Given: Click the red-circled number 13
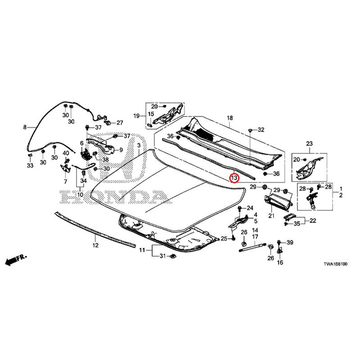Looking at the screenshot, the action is click(x=234, y=178).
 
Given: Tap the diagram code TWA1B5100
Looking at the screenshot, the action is click(x=335, y=264).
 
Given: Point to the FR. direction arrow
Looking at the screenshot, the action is click(x=16, y=260).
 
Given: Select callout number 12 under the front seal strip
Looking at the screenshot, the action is click(x=95, y=245).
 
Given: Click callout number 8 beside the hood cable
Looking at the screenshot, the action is click(x=25, y=127).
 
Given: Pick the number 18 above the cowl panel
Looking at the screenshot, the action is click(x=229, y=118).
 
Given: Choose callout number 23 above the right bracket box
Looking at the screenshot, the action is click(x=309, y=144).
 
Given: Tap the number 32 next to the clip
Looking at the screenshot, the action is click(x=261, y=130).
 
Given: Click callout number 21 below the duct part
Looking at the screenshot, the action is click(x=271, y=216).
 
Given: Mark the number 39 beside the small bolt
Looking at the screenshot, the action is click(x=290, y=243).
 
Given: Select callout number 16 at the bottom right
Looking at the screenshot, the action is click(x=280, y=262).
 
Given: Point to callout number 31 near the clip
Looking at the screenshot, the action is click(x=162, y=256).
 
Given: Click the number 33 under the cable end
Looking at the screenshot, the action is click(x=30, y=165).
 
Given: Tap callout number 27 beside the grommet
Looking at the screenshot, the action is click(x=120, y=123).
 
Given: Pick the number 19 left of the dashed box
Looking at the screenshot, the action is click(x=136, y=116).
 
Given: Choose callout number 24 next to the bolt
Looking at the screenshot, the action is click(x=250, y=208).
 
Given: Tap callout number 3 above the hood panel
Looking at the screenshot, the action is click(x=139, y=145).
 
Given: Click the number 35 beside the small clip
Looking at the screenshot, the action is click(x=297, y=224).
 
